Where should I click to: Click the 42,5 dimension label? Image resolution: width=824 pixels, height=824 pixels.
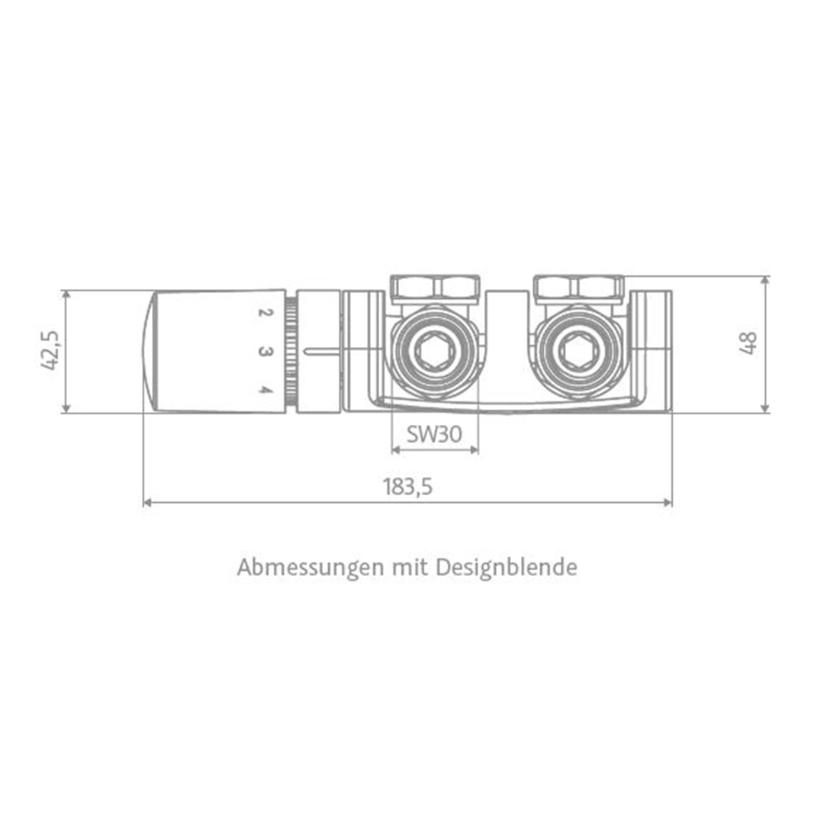coord(50,351)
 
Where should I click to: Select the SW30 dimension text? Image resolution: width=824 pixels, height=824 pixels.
coord(435,434)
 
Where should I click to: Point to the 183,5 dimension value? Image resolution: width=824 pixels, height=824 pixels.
coord(407,487)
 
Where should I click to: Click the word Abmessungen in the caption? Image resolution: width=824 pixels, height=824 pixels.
coord(311,568)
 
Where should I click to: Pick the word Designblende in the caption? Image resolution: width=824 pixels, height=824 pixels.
coord(507,568)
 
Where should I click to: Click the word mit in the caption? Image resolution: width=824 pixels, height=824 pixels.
coord(410,567)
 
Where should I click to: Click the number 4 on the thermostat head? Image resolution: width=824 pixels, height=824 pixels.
coord(266,390)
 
